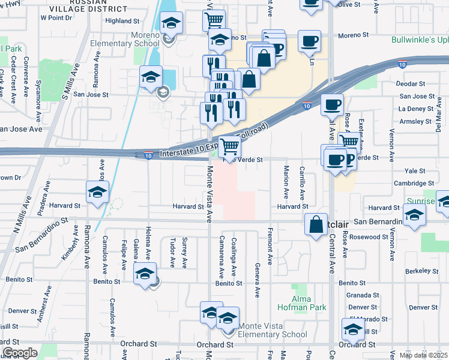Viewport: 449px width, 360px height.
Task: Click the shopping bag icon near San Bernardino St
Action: click(x=316, y=225)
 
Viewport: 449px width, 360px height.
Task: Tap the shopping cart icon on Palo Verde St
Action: click(x=229, y=146)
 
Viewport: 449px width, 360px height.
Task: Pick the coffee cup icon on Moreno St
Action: click(x=309, y=41)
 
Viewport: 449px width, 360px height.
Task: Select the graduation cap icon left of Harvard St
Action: click(x=97, y=193)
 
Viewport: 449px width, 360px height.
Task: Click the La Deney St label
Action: click(x=415, y=109)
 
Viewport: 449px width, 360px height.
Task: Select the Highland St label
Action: click(x=122, y=20)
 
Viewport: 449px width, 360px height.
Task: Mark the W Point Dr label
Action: click(x=56, y=18)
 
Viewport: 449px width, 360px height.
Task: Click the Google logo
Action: click(x=20, y=353)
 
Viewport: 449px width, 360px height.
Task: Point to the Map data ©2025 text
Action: click(x=423, y=355)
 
